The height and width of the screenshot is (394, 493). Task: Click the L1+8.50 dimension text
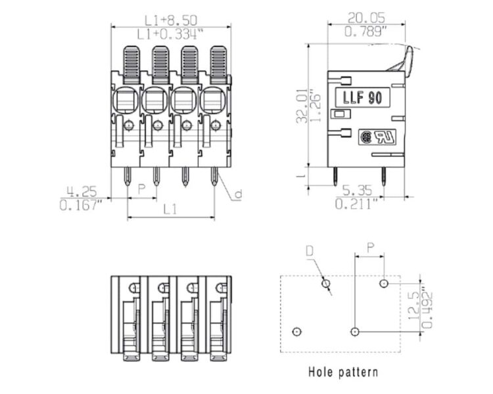pos(171,21)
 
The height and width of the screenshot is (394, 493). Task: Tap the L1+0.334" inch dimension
pos(170,34)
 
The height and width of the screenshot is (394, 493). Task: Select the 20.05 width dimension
pos(366,18)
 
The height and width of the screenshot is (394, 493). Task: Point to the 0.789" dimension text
pos(365,32)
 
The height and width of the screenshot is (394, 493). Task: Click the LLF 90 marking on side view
pos(362,97)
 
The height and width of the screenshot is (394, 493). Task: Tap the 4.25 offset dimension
pos(82,191)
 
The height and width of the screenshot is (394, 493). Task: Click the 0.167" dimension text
pos(81,205)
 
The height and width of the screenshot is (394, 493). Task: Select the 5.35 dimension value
pos(357,190)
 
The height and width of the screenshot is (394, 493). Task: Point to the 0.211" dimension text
pos(356,204)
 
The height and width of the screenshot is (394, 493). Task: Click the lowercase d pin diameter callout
pos(239,194)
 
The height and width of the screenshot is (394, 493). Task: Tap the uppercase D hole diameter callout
pos(310,251)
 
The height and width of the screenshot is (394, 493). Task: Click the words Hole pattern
pos(343,372)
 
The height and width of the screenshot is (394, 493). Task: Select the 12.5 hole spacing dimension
pos(414,306)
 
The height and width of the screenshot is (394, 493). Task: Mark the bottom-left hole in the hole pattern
pos(296,332)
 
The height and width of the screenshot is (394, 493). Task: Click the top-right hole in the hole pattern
pos(384,284)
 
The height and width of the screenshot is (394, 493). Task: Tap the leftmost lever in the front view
pos(131,65)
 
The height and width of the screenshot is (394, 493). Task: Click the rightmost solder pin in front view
pos(214,176)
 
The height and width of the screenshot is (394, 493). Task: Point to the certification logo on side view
pos(377,137)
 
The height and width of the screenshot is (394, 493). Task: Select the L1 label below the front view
pos(170,209)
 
